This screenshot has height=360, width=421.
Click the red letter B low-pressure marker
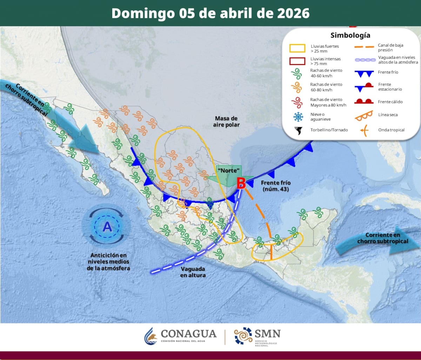point(241,183)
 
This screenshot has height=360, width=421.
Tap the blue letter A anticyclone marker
point(107,227)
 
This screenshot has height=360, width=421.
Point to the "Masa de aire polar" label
point(226,122)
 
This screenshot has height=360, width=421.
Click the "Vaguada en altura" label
point(193,272)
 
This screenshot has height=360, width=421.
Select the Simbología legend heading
point(350,35)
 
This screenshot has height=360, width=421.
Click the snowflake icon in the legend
point(299,117)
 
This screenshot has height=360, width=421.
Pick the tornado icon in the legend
point(299,130)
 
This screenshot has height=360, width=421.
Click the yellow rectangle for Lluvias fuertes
point(297,48)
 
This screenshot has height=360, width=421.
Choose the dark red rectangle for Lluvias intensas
point(297,61)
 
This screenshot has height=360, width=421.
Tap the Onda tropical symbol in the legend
point(365,130)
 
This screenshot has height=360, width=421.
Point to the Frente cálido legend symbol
point(364,102)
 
